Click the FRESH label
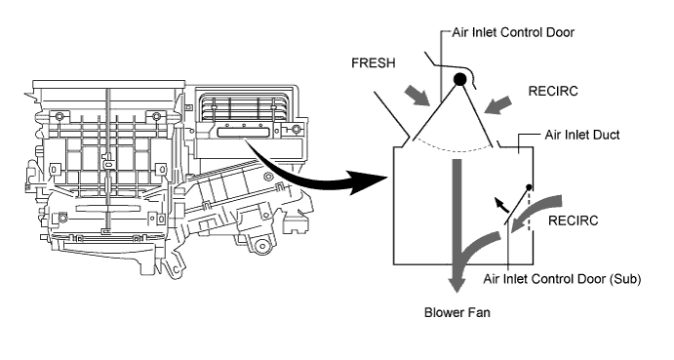[374, 63]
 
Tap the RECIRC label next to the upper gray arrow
[553, 91]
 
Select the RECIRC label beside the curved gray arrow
[573, 220]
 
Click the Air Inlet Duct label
[582, 135]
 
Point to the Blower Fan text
[456, 312]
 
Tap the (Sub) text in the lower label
[624, 280]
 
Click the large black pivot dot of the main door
[459, 79]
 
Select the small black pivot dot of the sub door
[529, 187]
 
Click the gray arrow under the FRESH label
[416, 95]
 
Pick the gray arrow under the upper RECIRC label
[497, 105]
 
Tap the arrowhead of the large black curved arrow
[369, 181]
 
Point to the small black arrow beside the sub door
[501, 204]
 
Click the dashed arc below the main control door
[453, 148]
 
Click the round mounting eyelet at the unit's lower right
[260, 247]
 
